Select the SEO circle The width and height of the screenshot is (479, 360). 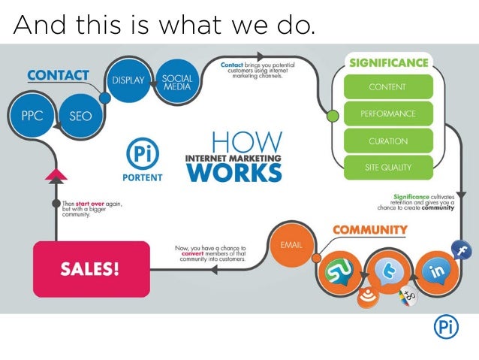(80, 116)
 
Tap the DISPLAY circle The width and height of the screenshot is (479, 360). (128, 80)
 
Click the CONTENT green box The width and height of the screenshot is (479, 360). (387, 87)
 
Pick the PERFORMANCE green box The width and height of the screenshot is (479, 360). (387, 114)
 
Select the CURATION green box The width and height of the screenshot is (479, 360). (387, 141)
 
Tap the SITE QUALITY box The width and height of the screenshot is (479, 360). (387, 168)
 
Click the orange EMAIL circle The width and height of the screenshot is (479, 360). (291, 245)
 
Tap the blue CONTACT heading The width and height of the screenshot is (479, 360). (58, 75)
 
